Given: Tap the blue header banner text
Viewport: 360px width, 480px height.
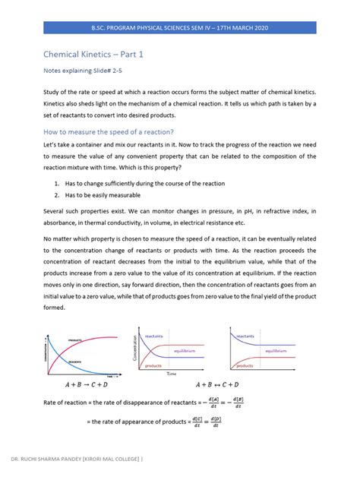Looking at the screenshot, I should (x=180, y=27).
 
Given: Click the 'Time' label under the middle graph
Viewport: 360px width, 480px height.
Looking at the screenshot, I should (x=172, y=374).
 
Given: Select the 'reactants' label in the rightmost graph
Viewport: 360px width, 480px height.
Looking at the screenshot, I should (x=245, y=336).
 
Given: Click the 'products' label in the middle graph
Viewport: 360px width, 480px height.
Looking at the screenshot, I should (x=153, y=365).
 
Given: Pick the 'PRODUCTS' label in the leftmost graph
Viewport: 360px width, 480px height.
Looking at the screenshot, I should (x=74, y=339).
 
